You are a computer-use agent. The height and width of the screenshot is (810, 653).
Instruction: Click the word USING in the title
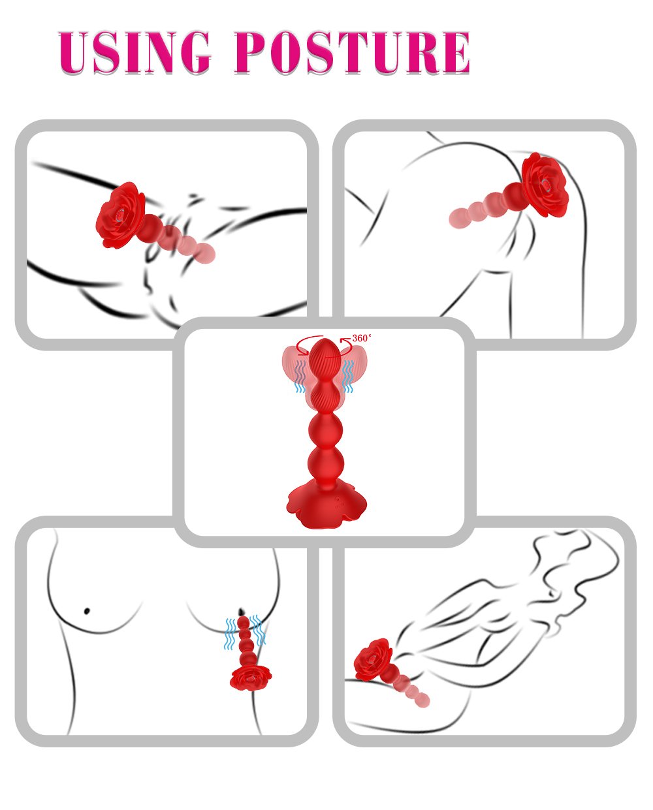(x=135, y=52)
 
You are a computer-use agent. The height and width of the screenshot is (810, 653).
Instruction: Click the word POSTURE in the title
(x=353, y=52)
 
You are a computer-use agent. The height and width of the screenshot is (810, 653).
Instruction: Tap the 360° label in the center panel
(x=361, y=338)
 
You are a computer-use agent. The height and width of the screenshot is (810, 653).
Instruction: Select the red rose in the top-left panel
(x=121, y=215)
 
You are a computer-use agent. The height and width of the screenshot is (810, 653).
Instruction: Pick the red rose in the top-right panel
(x=545, y=185)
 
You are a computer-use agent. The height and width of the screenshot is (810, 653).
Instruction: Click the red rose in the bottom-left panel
(x=251, y=678)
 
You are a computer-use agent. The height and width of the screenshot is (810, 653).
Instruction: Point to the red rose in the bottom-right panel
(x=374, y=661)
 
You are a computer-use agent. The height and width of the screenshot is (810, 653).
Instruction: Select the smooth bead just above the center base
(x=326, y=462)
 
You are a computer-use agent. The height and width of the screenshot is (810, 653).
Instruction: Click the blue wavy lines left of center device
(x=300, y=377)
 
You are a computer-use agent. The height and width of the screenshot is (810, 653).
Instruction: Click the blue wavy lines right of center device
(x=348, y=377)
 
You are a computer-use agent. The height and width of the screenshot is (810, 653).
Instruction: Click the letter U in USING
(x=74, y=52)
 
